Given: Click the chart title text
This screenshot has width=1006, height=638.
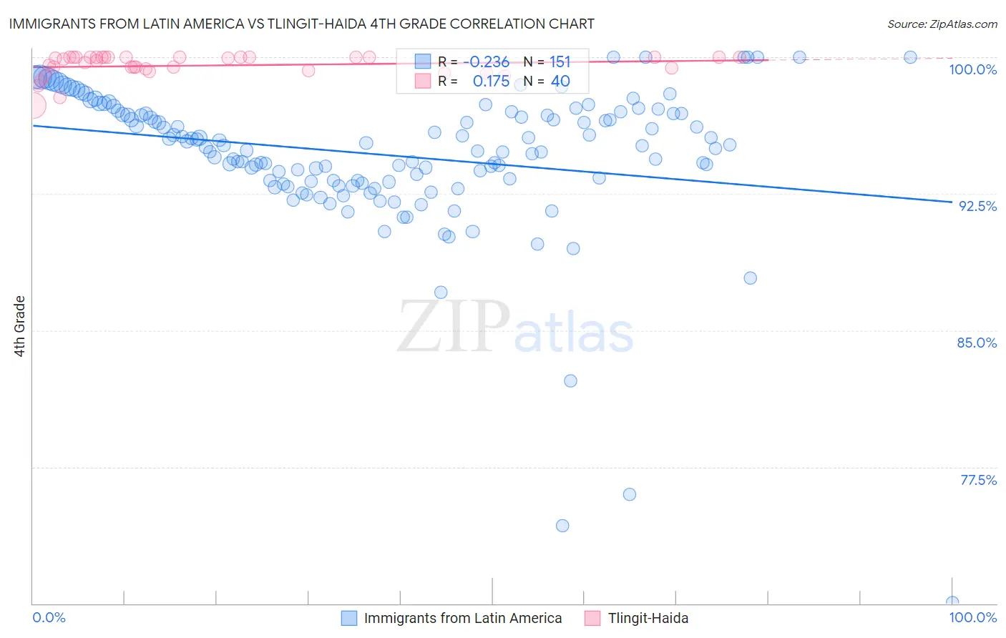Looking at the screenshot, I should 301,24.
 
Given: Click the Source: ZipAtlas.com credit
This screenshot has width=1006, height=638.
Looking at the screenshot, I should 942,24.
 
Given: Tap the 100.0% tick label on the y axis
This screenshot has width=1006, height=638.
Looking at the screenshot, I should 972,69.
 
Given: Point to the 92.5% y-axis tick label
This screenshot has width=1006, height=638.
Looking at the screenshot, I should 977,206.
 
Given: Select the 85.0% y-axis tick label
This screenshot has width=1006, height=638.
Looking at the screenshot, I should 977,343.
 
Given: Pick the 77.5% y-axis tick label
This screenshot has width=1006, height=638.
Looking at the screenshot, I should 978,480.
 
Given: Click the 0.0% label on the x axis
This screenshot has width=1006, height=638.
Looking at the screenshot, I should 49,617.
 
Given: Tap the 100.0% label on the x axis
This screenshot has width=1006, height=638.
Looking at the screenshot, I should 972,617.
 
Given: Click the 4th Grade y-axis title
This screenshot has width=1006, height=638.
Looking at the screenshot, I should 19,326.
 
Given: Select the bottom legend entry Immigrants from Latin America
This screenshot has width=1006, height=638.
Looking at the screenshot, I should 462,618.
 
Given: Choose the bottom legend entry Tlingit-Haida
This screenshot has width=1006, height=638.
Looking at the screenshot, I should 648,618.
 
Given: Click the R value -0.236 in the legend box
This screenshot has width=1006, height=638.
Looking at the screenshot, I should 486,62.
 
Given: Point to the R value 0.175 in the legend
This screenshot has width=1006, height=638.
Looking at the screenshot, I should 491,82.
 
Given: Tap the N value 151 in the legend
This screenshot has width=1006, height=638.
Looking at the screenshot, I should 560,62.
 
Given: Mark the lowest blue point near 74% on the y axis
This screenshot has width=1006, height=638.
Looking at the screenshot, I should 562,526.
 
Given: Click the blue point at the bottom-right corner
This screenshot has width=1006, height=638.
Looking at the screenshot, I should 952,602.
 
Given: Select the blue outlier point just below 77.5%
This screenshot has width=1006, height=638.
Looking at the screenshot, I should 630,494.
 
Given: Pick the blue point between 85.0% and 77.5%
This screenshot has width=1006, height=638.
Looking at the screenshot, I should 570,381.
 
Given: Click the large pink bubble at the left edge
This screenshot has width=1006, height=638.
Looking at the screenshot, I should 33,106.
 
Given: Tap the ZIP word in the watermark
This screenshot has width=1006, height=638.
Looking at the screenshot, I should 453,328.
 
